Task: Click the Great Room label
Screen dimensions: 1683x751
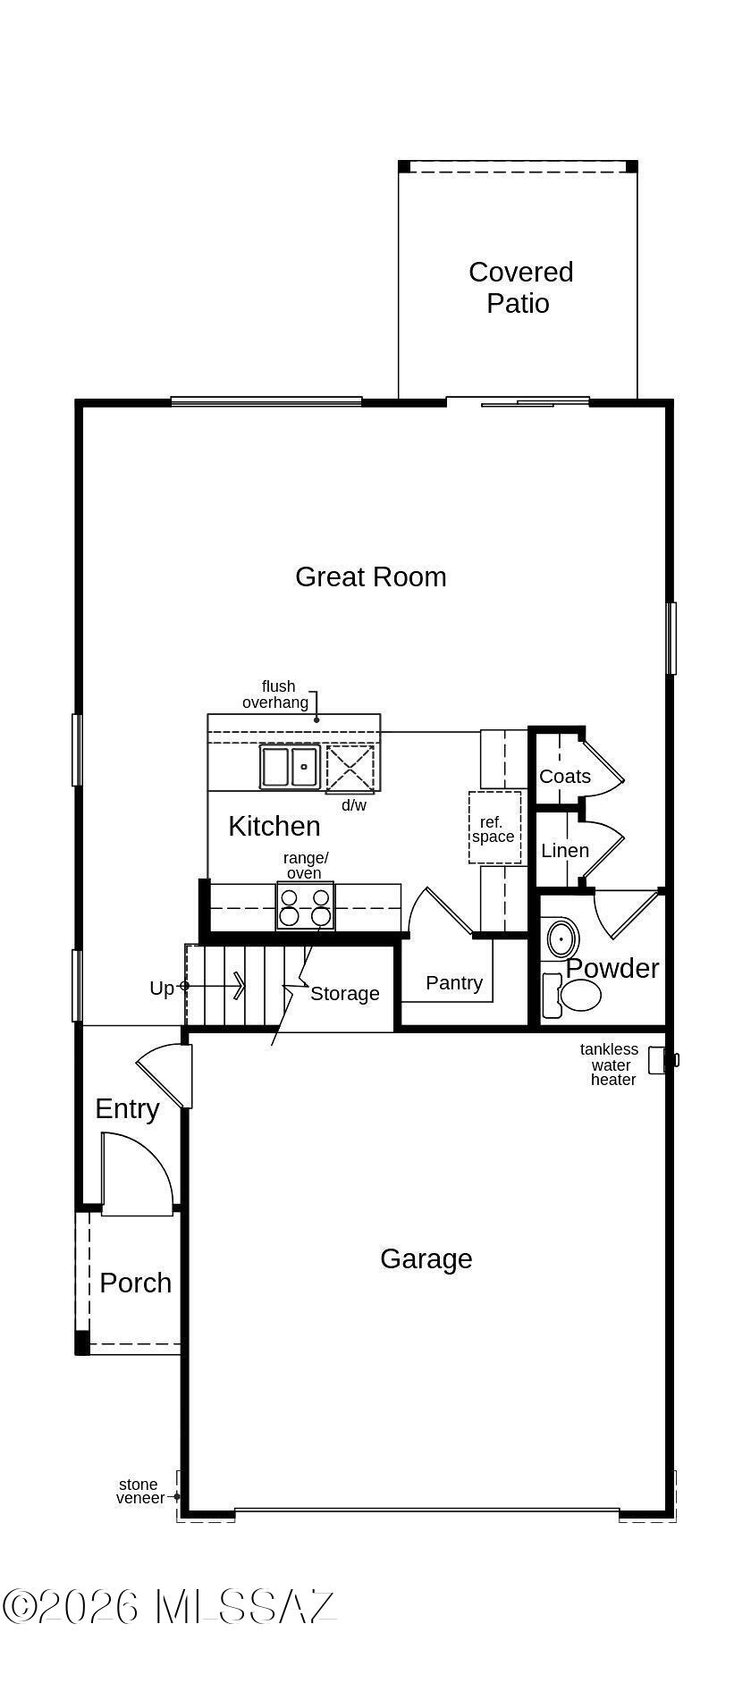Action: point(370,577)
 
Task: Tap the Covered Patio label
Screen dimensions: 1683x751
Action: point(519,288)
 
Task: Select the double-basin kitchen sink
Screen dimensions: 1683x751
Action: point(290,767)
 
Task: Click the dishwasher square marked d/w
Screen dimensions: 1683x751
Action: point(350,768)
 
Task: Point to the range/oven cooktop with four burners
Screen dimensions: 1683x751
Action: point(305,906)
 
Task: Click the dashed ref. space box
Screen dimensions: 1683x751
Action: point(494,828)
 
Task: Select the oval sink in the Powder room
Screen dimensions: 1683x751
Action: point(562,939)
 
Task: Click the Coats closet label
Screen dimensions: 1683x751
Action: point(564,777)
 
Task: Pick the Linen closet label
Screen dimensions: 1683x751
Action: point(564,851)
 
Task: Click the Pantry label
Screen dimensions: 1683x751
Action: point(454,983)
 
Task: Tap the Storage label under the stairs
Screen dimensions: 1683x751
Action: point(344,994)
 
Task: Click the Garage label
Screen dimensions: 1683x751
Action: point(426,1259)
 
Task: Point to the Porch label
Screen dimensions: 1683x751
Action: point(136,1283)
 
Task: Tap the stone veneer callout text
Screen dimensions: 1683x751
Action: point(139,1491)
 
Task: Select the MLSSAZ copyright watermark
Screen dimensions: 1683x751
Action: point(169,1606)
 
